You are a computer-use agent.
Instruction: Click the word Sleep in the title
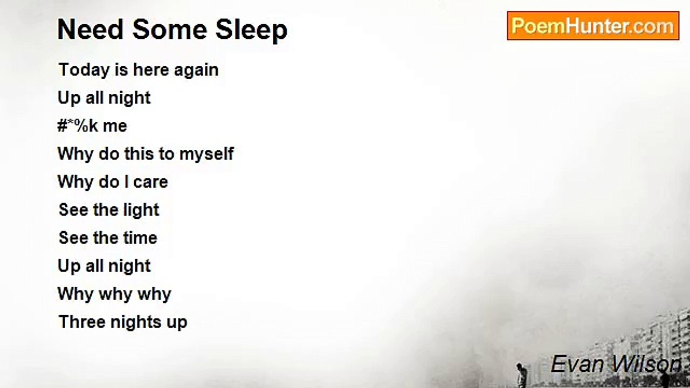(x=251, y=30)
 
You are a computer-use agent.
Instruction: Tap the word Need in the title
(x=90, y=30)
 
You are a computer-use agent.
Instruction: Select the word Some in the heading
(x=170, y=30)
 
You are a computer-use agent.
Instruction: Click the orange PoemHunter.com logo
(x=593, y=25)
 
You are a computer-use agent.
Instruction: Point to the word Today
(x=84, y=71)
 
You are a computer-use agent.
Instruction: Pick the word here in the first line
(x=151, y=70)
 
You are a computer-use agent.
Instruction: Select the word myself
(x=206, y=154)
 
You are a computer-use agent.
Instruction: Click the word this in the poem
(x=139, y=154)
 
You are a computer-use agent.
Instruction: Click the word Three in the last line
(x=81, y=322)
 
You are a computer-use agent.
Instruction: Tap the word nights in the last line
(x=136, y=323)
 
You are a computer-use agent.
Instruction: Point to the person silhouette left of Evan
(x=521, y=375)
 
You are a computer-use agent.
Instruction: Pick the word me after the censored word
(x=115, y=127)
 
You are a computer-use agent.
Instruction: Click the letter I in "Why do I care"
(x=126, y=182)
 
